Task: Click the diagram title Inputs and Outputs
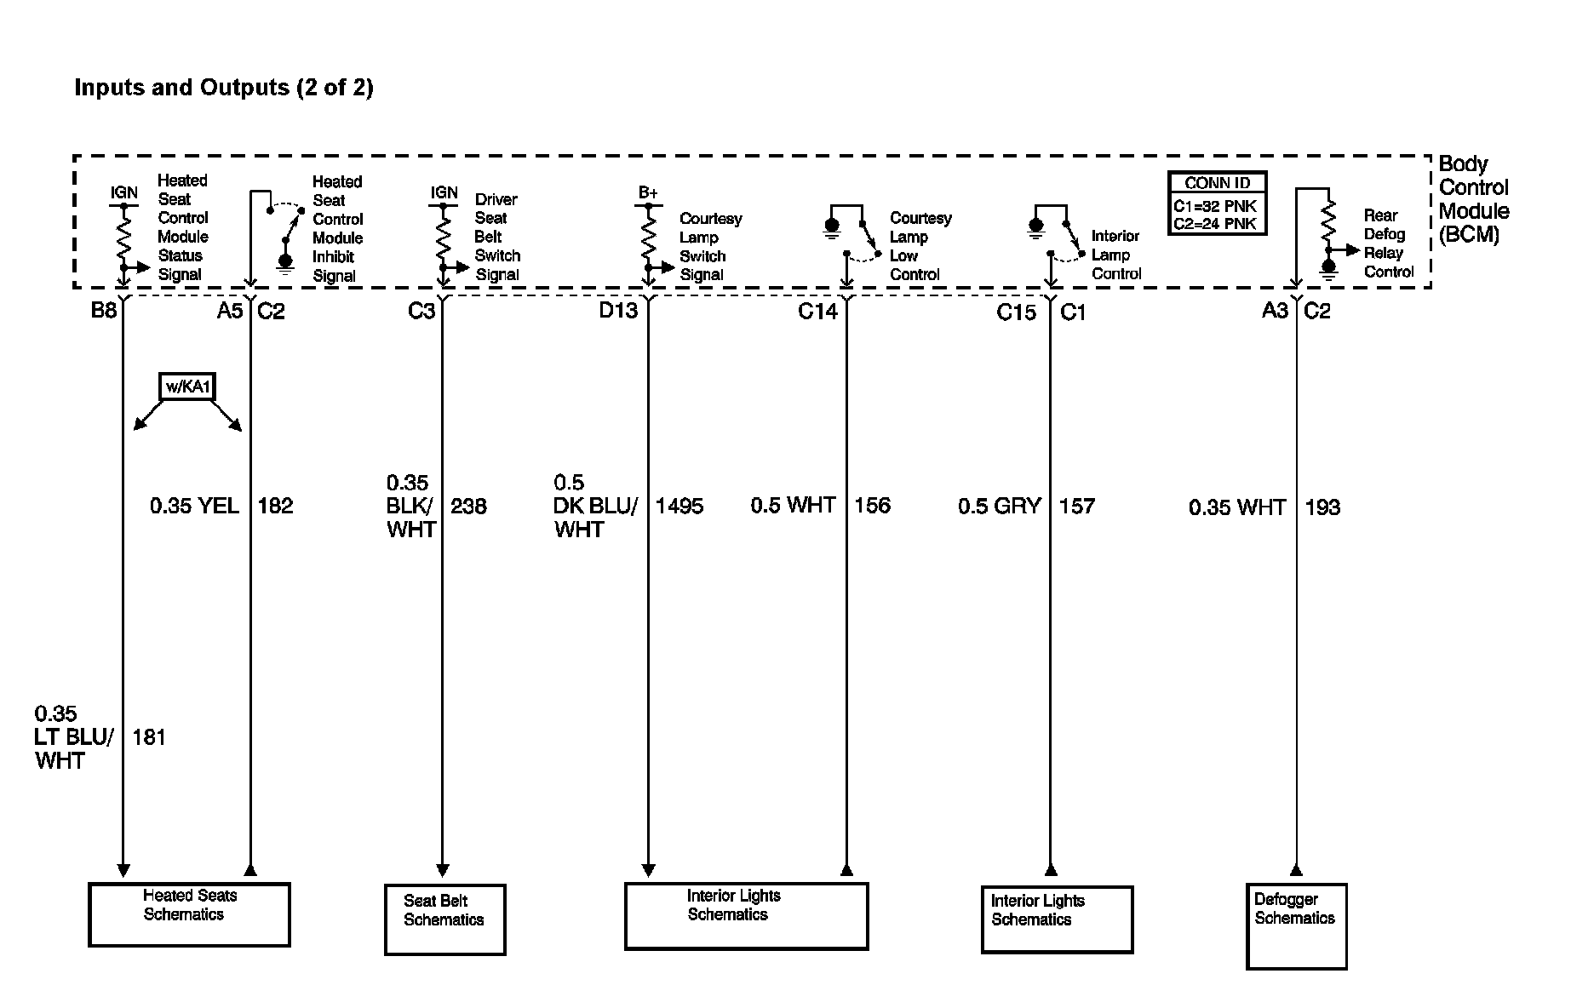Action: [224, 88]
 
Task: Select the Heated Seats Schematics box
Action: [189, 914]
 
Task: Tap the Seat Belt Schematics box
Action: [444, 919]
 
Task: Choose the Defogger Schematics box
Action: [1296, 926]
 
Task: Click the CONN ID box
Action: [1217, 203]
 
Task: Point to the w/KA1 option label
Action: [187, 387]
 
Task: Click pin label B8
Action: [104, 311]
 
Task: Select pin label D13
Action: [618, 311]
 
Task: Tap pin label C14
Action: [817, 312]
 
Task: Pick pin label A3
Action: [1275, 311]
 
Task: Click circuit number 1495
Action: [679, 507]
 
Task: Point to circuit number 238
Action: [468, 507]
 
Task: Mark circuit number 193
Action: [1322, 507]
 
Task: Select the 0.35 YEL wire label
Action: [194, 507]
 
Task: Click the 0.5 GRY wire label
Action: [999, 507]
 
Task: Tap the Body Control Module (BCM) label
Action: [1473, 199]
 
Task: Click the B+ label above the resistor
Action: [648, 193]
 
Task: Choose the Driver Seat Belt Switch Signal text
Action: [497, 237]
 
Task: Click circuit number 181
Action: [149, 737]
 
